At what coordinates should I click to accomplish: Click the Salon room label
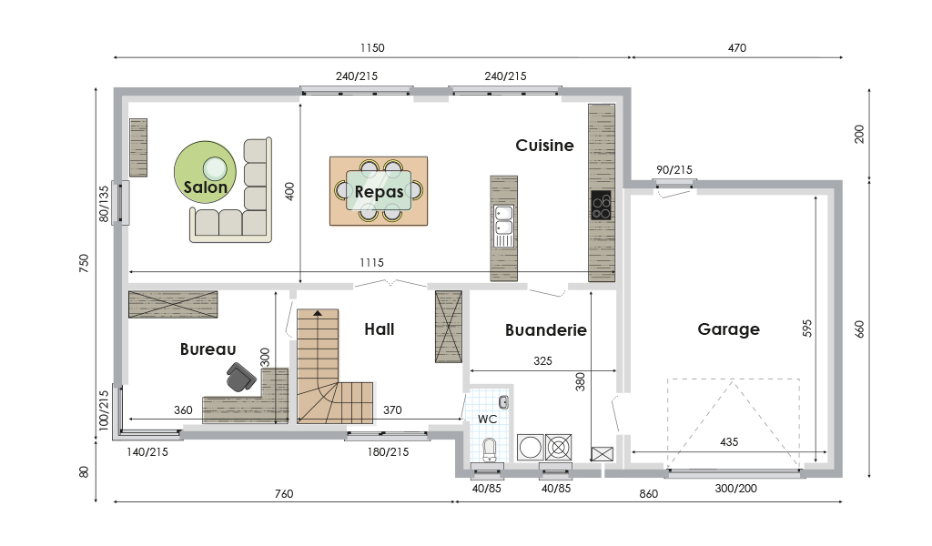click(x=205, y=187)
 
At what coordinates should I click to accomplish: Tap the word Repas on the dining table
click(x=380, y=192)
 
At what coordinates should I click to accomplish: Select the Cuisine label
click(x=544, y=146)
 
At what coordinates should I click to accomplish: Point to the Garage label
click(x=728, y=329)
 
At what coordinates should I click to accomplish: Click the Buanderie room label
click(x=546, y=330)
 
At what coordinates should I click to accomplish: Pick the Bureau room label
click(x=208, y=349)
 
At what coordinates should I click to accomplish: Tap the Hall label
click(x=380, y=329)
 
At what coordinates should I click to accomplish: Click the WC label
click(x=488, y=420)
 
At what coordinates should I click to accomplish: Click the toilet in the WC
click(x=489, y=450)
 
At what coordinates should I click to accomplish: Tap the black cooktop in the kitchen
click(x=601, y=206)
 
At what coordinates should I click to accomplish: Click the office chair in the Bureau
click(x=240, y=377)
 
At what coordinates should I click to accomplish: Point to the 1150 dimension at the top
click(x=372, y=48)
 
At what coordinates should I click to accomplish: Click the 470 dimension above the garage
click(x=737, y=48)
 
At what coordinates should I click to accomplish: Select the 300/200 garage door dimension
click(x=735, y=489)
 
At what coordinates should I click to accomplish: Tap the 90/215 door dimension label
click(x=674, y=170)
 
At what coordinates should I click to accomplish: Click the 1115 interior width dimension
click(x=371, y=263)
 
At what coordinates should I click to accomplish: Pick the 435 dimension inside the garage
click(x=729, y=442)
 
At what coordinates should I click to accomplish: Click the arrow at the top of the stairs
click(x=318, y=312)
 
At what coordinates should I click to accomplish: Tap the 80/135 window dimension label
click(x=104, y=205)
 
